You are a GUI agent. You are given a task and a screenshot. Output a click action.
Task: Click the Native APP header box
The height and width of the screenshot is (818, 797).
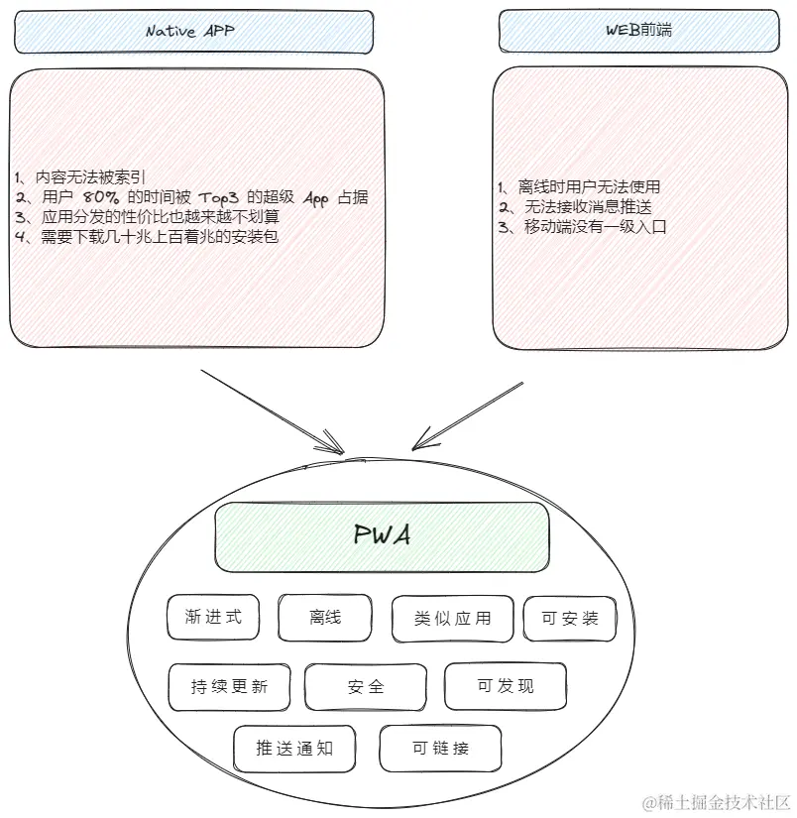[193, 32]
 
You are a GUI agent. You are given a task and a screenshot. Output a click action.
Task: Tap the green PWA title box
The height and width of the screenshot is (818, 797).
[382, 536]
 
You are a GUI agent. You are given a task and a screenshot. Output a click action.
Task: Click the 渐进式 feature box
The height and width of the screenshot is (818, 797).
[213, 617]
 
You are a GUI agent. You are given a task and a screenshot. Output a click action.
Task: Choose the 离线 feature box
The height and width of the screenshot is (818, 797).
[325, 617]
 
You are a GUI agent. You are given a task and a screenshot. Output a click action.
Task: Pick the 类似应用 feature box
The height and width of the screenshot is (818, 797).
[453, 619]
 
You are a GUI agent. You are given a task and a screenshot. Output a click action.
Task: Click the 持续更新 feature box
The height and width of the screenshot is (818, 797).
[230, 687]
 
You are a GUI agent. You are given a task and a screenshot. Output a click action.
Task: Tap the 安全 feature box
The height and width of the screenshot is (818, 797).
[366, 686]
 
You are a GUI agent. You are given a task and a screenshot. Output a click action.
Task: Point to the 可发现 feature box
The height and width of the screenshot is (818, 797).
[506, 685]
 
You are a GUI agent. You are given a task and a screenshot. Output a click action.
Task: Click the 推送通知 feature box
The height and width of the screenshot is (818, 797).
[294, 749]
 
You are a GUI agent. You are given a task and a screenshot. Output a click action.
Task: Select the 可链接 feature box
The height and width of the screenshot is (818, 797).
[441, 749]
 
